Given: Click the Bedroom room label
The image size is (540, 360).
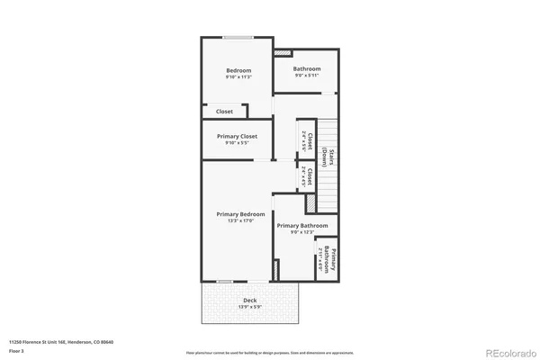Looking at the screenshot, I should tap(238, 70).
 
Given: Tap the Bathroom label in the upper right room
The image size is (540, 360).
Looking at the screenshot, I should tap(307, 69).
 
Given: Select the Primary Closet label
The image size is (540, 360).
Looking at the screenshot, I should tap(237, 136).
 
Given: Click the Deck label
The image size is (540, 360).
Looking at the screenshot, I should tap(249, 300).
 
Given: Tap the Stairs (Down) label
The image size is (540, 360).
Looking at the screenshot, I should tap(332, 157).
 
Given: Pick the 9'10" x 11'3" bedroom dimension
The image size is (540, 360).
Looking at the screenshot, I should tap(238, 77).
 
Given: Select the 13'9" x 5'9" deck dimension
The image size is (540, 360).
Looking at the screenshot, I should tap(249, 307).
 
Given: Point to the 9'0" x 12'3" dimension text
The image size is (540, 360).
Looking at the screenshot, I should tap(301, 232).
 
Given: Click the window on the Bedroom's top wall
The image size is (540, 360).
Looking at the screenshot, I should tap(238, 38).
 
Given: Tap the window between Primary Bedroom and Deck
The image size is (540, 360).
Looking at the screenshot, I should tap(227, 279).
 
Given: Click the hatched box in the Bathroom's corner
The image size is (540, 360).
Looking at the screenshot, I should tap(279, 54).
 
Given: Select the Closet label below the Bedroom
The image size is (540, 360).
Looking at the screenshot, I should tap(224, 112).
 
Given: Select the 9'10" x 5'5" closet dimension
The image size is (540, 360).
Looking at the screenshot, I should tap(237, 143).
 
